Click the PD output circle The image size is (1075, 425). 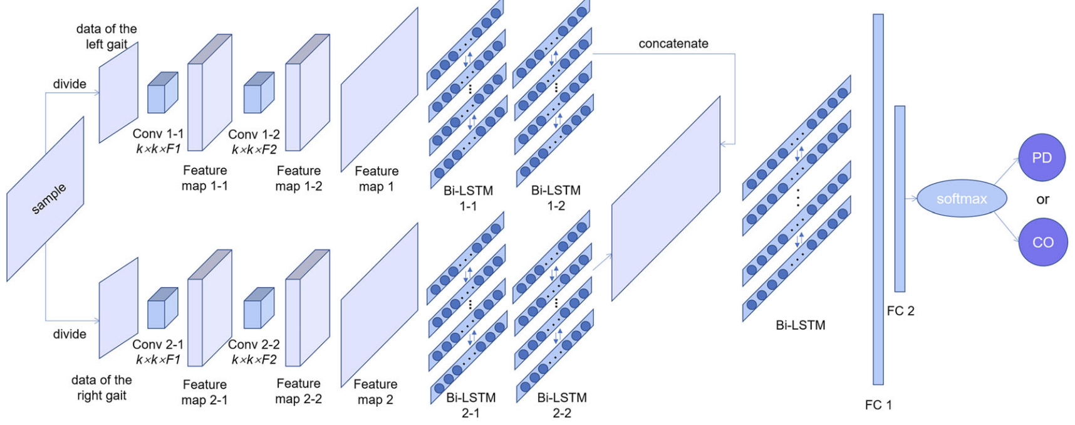point(1041,157)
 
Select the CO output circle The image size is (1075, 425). point(1042,242)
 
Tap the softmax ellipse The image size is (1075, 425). point(962,199)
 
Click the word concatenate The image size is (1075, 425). point(673,43)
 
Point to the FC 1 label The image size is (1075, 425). point(878,405)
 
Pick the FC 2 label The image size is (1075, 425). point(900,311)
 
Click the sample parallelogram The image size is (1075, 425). point(45,199)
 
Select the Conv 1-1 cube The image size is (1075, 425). point(162,93)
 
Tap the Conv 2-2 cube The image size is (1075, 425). point(258,308)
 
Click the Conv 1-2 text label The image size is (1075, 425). point(254,135)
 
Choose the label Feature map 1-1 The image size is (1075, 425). point(205,178)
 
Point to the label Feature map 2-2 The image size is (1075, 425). point(299,391)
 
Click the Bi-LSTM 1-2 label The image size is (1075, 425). point(556,197)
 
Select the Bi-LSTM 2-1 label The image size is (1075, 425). point(470,405)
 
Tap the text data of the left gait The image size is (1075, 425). point(106,36)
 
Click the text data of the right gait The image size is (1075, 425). point(101,387)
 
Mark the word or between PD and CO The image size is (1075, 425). point(1042,200)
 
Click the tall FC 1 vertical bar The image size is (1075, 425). point(878,199)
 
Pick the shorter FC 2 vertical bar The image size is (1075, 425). point(900,199)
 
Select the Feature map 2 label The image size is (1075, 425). point(375,392)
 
